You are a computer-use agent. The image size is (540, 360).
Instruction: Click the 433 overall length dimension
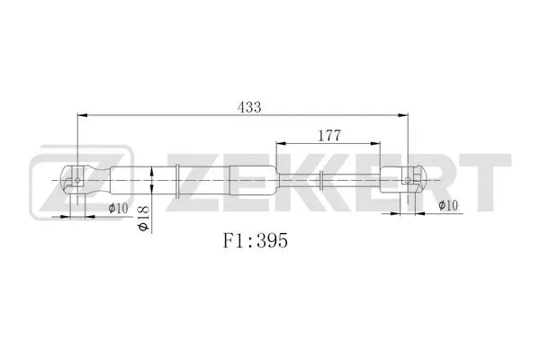249,107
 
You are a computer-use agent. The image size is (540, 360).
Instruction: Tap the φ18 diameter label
143,217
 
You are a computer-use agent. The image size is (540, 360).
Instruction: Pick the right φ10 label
447,206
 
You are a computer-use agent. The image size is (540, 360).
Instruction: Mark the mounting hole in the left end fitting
79,179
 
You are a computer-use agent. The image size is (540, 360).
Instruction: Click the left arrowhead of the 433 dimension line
84,115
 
